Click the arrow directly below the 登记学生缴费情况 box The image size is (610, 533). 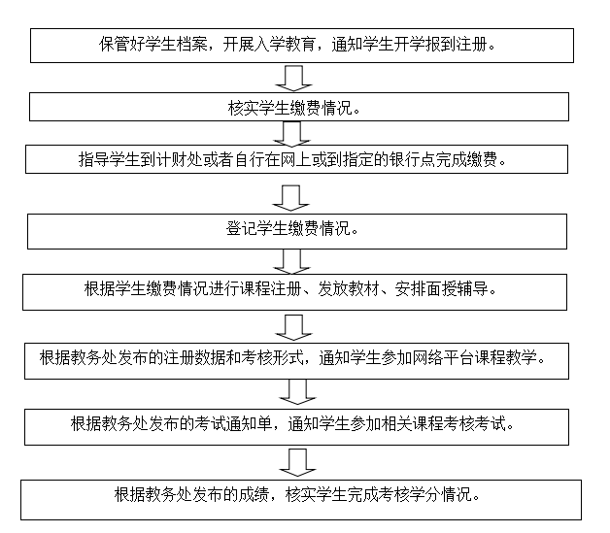click(x=292, y=260)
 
